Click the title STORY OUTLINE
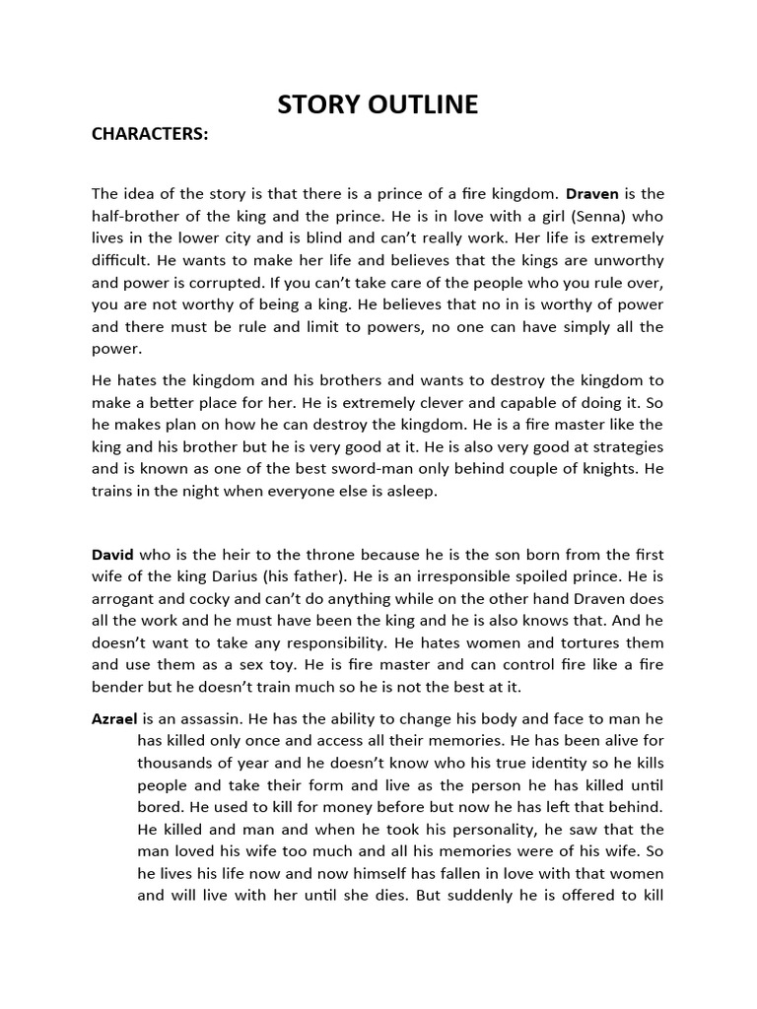378,104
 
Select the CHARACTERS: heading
150,135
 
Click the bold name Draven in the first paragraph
592,193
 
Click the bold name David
112,556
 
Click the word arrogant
123,601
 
